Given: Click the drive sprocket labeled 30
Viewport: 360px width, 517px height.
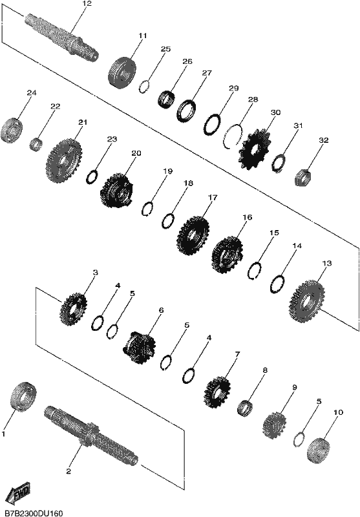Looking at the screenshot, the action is pos(255,150).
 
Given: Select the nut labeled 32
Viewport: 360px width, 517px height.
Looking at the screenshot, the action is pos(302,177).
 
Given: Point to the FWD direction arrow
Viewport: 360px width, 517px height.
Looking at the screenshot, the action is pos(19,493).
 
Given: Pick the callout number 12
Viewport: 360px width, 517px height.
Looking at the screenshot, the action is pos(87,4).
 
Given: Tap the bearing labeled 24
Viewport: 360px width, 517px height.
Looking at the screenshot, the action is pos(11,130).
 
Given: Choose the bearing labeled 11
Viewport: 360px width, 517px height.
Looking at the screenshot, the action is pos(122,72).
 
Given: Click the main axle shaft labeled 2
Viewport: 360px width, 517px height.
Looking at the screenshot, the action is pos(91,436).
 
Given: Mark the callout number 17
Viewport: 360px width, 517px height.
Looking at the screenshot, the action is pos(213,198).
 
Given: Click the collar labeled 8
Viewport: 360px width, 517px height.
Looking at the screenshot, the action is pos(245,408).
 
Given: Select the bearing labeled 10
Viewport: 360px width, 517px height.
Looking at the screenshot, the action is pos(318,450).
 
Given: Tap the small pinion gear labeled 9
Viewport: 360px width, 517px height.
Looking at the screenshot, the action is pos(274,425).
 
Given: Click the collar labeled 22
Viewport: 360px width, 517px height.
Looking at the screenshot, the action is pos(36,144).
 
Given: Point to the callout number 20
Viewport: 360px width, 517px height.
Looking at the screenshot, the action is pos(136,153).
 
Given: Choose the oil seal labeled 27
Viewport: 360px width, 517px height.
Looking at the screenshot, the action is pos(186,110).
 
